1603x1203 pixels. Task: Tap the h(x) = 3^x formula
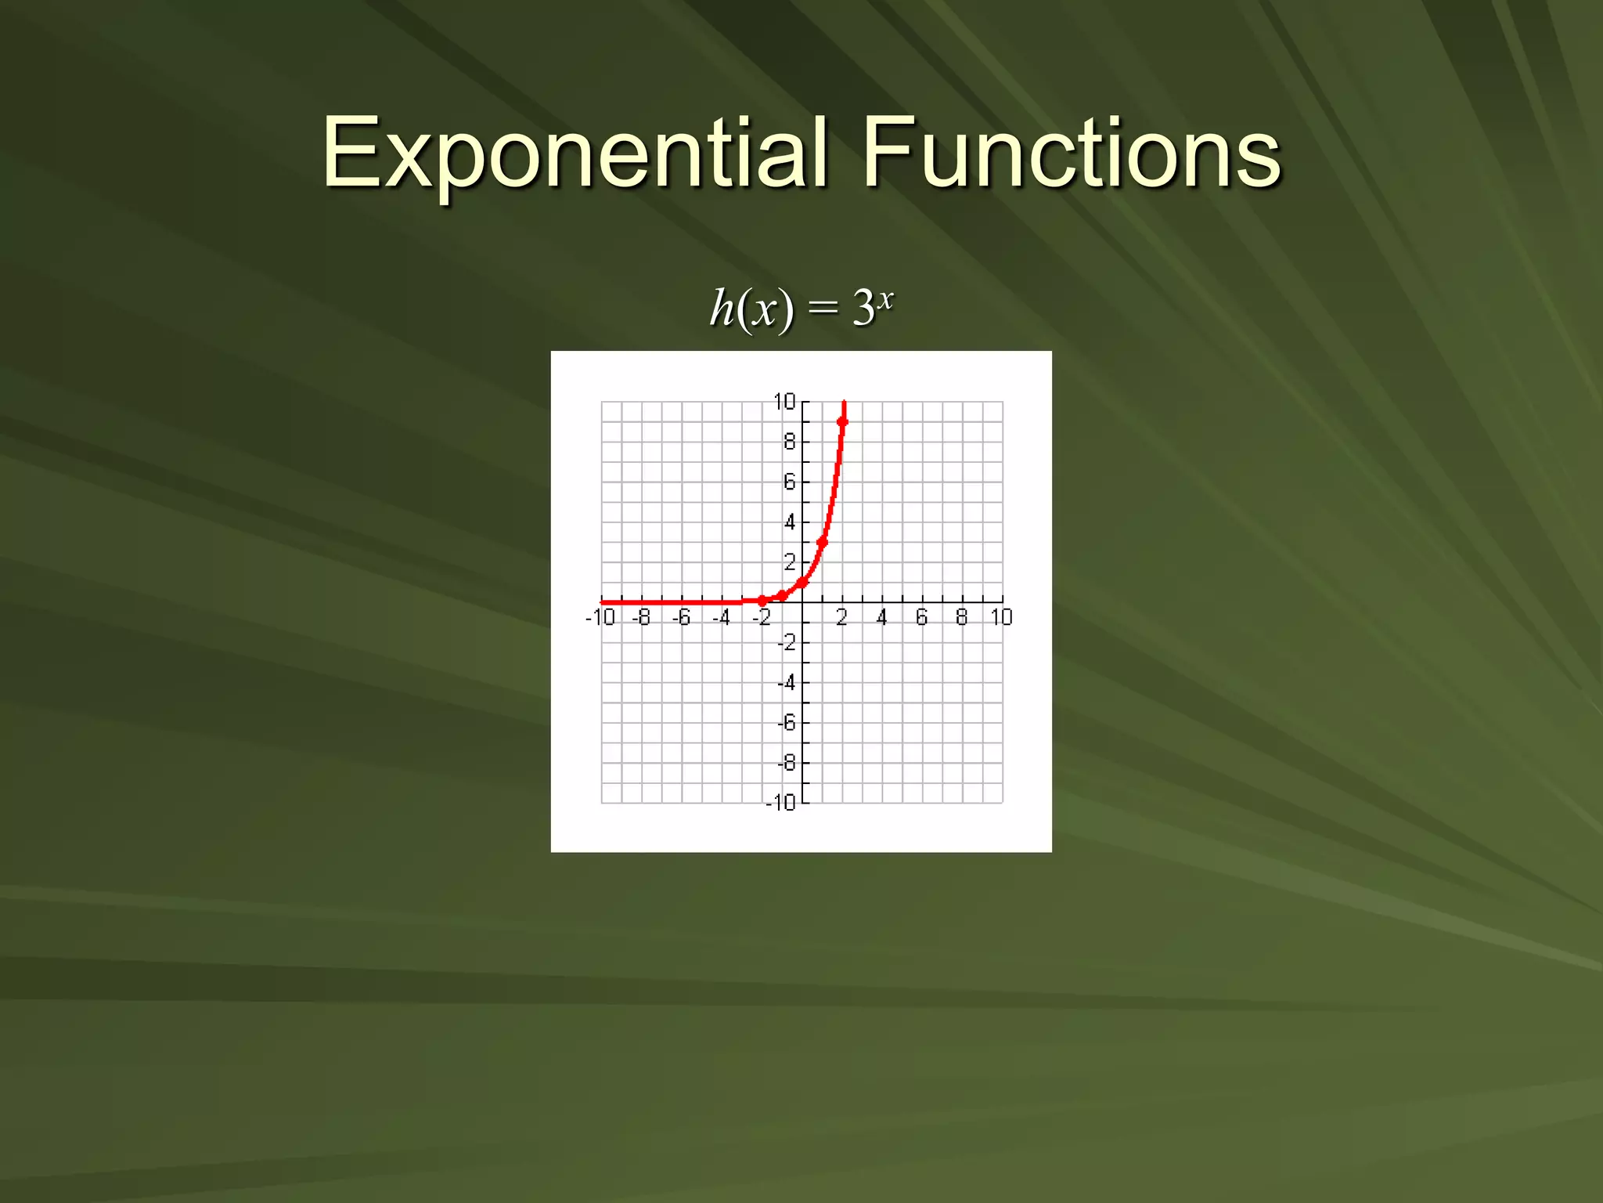(x=801, y=307)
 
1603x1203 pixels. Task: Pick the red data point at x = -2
(x=762, y=601)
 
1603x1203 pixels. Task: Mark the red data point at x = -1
(x=782, y=596)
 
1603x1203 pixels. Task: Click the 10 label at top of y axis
(x=783, y=402)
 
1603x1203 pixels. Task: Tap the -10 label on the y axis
(x=780, y=803)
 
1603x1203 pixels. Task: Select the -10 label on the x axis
(x=600, y=618)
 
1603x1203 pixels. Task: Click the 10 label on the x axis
(x=1001, y=618)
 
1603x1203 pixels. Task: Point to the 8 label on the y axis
(x=789, y=443)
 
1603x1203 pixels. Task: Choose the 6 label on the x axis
(x=921, y=618)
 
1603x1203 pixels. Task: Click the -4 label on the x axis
(x=721, y=618)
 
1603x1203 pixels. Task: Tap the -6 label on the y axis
(x=786, y=723)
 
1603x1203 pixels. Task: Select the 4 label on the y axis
(x=789, y=522)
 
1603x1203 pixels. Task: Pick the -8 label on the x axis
(x=641, y=618)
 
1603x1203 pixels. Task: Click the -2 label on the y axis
(x=786, y=643)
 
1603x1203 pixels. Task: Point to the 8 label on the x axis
(x=961, y=618)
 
